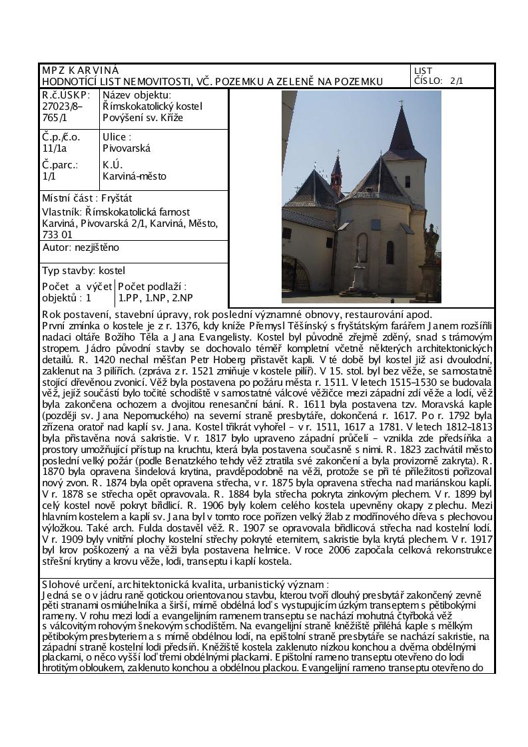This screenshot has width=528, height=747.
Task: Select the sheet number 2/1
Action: click(x=457, y=81)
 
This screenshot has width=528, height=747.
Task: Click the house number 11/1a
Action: click(x=55, y=148)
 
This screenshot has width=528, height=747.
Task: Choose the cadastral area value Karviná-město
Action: click(x=134, y=176)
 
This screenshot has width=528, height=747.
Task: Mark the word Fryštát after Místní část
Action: click(x=122, y=198)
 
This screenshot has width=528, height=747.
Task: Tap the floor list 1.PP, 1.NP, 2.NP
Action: click(x=154, y=297)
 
